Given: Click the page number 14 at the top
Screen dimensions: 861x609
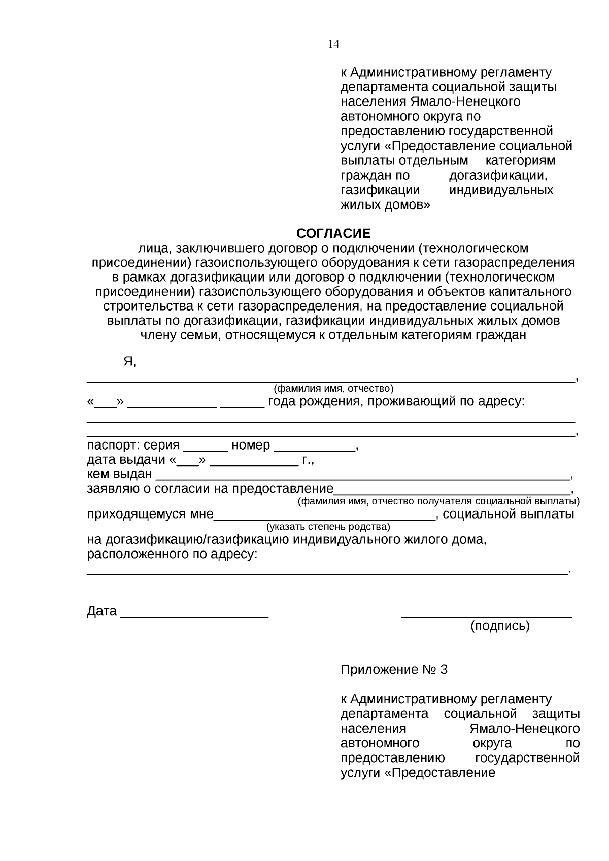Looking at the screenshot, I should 333,44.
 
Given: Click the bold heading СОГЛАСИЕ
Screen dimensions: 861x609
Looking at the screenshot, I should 333,234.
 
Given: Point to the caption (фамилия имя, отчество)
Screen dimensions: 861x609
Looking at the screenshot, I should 333,389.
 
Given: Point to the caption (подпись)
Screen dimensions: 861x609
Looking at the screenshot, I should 500,626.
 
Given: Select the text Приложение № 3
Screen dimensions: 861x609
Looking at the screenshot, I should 394,670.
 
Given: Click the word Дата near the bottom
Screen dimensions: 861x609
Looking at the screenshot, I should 101,611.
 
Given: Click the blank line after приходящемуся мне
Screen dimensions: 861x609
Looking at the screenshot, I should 325,518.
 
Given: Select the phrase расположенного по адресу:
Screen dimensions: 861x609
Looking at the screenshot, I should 172,554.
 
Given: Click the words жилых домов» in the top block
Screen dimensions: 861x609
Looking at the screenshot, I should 385,205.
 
